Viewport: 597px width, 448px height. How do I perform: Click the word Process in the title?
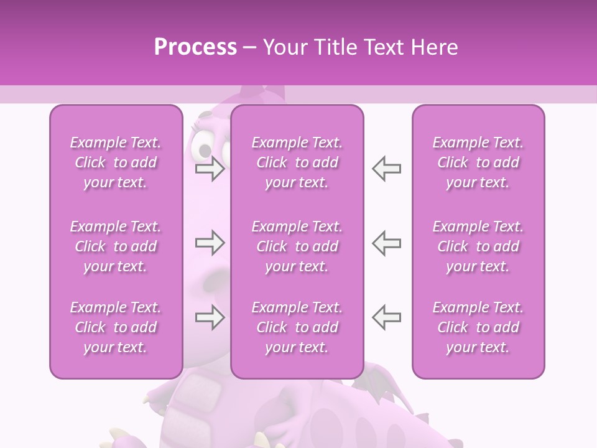point(195,47)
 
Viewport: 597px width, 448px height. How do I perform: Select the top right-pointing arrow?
point(210,169)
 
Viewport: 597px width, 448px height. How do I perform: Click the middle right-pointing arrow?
point(210,243)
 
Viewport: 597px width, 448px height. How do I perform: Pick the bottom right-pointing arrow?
point(210,317)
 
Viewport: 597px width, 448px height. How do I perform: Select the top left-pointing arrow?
point(386,169)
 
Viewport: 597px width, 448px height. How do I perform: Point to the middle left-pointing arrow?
point(386,243)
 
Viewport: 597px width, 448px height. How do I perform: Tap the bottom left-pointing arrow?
point(386,317)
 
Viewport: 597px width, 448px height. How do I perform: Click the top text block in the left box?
point(116,162)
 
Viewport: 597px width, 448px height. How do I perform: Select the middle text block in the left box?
point(116,246)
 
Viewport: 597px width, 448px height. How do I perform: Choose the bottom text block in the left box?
point(116,327)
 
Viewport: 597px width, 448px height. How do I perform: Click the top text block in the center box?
point(297,162)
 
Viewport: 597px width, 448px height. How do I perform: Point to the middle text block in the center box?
point(297,246)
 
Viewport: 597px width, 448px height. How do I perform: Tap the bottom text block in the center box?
point(297,327)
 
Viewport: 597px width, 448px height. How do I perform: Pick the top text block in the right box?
point(478,162)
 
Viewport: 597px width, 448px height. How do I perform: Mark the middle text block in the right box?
point(478,246)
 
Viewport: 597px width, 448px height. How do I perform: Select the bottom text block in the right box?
point(478,327)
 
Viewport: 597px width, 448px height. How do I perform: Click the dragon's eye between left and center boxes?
point(203,147)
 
